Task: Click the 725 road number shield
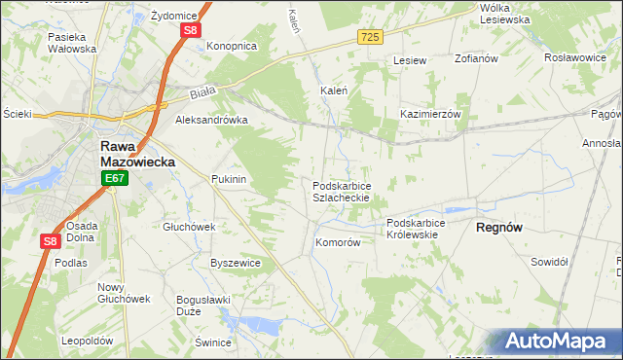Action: [369, 36]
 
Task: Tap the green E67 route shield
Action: [114, 178]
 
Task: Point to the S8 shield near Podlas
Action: [51, 241]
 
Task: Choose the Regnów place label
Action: [500, 227]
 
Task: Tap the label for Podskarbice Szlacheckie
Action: [341, 191]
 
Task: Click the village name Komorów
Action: [338, 243]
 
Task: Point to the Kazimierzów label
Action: [430, 114]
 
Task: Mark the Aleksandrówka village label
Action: [211, 120]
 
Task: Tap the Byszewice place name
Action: [236, 263]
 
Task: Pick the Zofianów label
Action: [476, 59]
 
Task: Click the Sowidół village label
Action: [549, 262]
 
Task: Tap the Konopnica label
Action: [231, 46]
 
